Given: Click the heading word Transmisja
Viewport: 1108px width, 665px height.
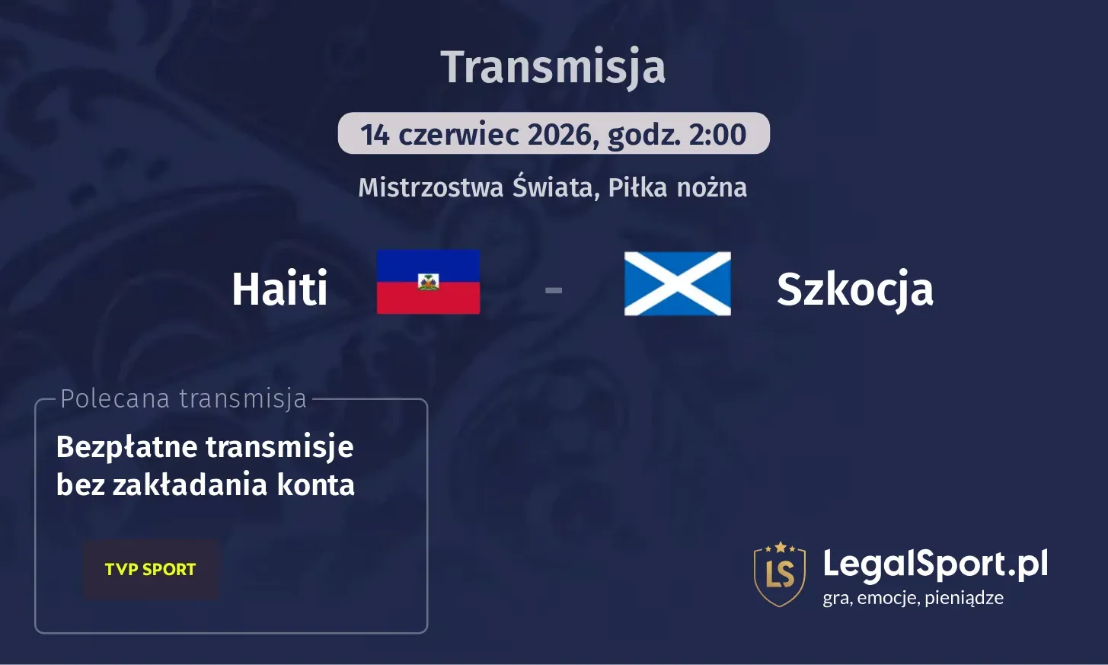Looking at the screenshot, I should [x=553, y=67].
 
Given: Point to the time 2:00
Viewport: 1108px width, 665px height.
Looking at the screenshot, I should [x=717, y=135].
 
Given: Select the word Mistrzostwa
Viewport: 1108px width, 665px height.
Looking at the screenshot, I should [x=430, y=187].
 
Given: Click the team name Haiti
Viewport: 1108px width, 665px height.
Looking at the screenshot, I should [x=279, y=289].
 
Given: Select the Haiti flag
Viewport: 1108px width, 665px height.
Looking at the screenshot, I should [x=428, y=282].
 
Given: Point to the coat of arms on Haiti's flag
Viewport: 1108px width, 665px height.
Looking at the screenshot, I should [x=429, y=282].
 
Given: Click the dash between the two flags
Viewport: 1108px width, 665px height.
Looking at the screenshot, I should [x=554, y=289].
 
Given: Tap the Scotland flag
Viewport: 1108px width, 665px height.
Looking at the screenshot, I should [x=677, y=283].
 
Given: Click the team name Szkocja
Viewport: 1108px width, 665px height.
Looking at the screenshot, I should [x=854, y=289].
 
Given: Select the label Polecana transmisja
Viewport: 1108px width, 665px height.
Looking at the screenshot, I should [x=183, y=398].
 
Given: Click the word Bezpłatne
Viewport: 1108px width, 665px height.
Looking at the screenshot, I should [x=126, y=447].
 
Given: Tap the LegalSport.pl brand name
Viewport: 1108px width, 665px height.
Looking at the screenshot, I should [x=935, y=564].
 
